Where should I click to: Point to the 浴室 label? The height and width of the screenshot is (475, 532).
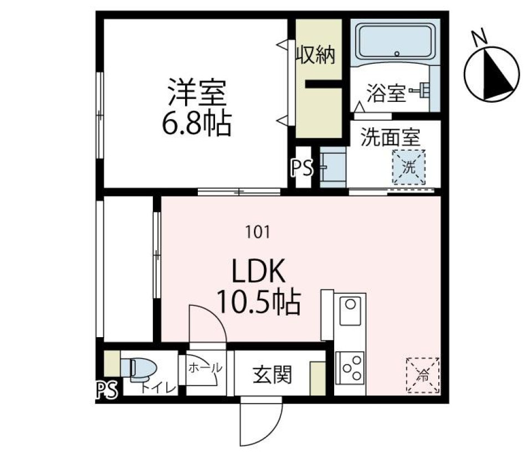point(386,94)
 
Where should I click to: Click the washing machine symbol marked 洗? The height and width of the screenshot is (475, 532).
point(408,167)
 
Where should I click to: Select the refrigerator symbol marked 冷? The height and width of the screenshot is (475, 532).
point(423,375)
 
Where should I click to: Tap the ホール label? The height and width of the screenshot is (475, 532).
point(206,367)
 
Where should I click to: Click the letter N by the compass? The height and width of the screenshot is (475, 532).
point(479,37)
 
